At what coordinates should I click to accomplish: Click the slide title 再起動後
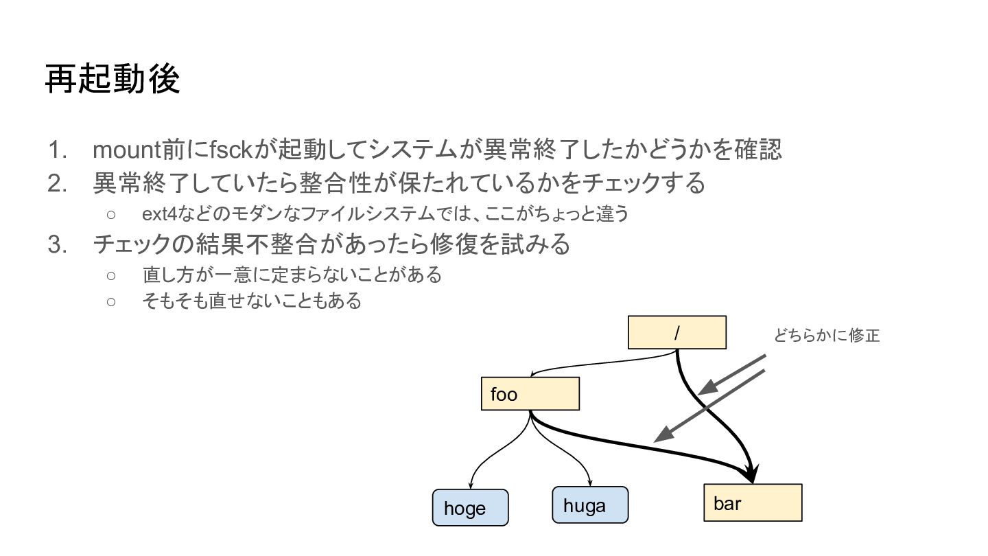[113, 80]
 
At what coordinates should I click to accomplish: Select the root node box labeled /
[677, 333]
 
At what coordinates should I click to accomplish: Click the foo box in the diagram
[530, 395]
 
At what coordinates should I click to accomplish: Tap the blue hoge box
[470, 508]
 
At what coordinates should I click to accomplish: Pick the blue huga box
[590, 506]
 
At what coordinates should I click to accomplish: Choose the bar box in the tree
[753, 503]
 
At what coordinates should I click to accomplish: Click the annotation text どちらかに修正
[827, 336]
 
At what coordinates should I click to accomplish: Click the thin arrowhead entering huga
[590, 482]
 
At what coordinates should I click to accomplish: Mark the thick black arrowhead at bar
[751, 475]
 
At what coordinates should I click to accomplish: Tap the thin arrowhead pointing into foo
[532, 374]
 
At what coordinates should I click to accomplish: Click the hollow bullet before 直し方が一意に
[111, 275]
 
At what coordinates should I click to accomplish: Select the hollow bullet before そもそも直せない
[111, 301]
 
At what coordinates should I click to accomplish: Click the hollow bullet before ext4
[111, 214]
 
